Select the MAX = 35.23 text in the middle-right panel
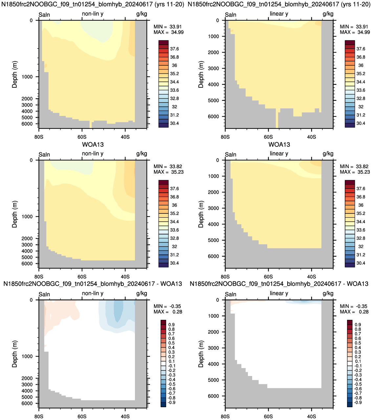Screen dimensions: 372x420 click(x=355, y=172)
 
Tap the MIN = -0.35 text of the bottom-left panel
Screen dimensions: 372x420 click(x=167, y=306)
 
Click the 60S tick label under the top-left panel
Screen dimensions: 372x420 click(x=82, y=137)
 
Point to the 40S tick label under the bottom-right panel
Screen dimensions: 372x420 click(x=311, y=416)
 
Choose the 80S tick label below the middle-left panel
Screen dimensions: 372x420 click(x=39, y=277)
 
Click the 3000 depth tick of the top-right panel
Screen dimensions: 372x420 click(x=213, y=68)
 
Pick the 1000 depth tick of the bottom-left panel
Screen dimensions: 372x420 click(x=27, y=356)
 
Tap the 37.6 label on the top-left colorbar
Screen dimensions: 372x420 click(x=174, y=49)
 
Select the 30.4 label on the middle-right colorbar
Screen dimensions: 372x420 click(x=361, y=263)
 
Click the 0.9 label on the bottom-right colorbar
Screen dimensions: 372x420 click(x=358, y=325)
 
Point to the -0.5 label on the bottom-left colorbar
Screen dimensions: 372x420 click(x=171, y=384)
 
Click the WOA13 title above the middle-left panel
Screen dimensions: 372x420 click(x=93, y=144)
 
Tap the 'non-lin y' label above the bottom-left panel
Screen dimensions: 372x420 click(x=93, y=293)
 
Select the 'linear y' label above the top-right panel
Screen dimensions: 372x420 click(x=279, y=14)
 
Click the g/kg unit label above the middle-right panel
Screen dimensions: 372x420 click(x=328, y=154)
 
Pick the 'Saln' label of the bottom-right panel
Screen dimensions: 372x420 click(x=230, y=294)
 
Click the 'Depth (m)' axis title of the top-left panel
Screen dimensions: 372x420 click(x=14, y=75)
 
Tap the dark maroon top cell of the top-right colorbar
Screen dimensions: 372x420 click(x=350, y=42)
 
